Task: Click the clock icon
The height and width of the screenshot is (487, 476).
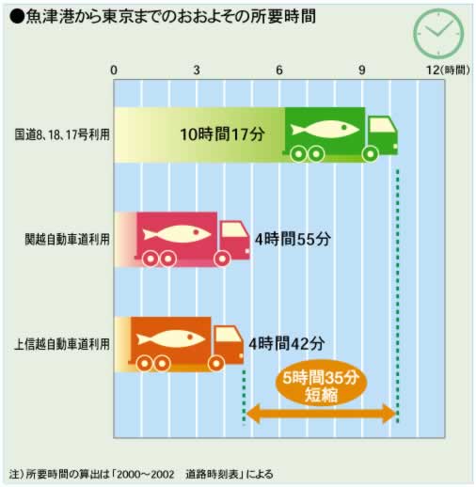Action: click(x=438, y=33)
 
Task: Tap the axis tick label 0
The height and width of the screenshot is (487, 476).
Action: click(x=114, y=71)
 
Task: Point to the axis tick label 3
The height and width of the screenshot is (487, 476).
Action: click(x=197, y=71)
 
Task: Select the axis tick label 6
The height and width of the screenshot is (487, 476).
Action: click(x=279, y=71)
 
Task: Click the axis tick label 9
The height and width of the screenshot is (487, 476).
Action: click(x=362, y=71)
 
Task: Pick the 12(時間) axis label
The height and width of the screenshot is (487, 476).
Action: click(x=448, y=71)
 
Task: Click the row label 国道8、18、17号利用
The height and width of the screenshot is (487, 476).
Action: click(x=62, y=134)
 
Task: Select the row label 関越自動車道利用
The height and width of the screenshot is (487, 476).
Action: click(x=67, y=240)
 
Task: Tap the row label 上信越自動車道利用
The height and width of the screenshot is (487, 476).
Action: click(x=62, y=344)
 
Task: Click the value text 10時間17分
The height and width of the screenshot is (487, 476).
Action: click(x=222, y=134)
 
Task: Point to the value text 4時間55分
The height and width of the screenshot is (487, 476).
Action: click(x=293, y=239)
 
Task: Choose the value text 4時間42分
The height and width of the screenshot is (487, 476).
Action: click(x=287, y=344)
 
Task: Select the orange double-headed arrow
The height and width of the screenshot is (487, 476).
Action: click(x=321, y=414)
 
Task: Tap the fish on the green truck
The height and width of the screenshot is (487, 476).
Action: click(x=324, y=129)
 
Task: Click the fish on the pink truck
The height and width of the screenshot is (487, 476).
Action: click(x=177, y=234)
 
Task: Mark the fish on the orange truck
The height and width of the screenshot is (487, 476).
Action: click(x=170, y=338)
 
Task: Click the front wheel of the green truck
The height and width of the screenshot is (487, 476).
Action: click(x=370, y=154)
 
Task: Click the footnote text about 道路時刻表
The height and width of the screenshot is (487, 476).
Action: click(x=141, y=474)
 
